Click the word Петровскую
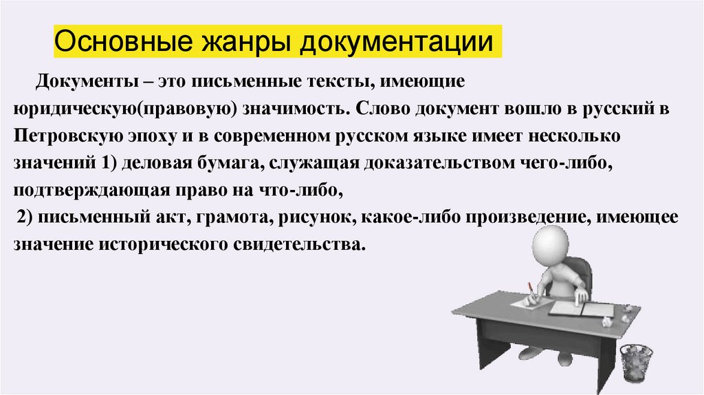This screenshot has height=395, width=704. [x=65, y=136]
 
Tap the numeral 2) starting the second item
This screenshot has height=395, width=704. [x=25, y=217]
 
